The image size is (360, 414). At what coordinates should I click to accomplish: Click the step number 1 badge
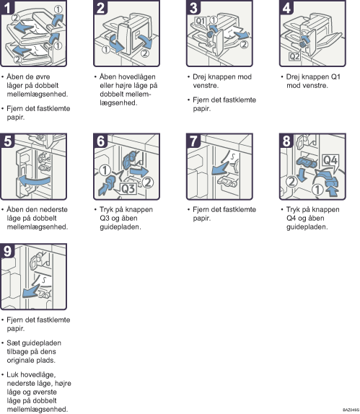coord(7,7)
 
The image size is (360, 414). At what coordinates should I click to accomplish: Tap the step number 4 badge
coord(286,7)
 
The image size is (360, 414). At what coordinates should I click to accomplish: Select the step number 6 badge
coord(100,141)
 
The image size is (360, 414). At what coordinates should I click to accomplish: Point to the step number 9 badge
coord(7,250)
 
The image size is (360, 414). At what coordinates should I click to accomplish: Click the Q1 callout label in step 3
coord(201,21)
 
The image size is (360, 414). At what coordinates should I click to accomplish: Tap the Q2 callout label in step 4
coord(294,56)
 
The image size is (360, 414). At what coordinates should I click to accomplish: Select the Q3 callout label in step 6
coord(128,188)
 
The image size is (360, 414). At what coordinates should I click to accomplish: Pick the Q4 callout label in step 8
coord(330,160)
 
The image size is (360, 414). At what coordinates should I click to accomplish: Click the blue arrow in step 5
coord(34,181)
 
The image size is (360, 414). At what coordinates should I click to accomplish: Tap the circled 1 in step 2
coord(106,49)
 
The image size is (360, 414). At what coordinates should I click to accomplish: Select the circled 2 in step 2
coord(145,53)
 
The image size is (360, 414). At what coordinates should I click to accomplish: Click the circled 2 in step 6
coord(148,182)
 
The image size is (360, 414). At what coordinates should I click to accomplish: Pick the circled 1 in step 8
coord(317,189)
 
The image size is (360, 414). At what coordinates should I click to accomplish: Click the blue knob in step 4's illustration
coord(303,44)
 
